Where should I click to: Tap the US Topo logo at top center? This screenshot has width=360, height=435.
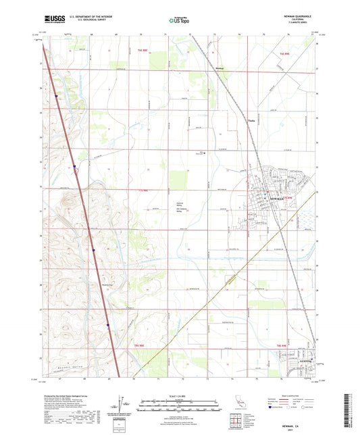click(x=178, y=20)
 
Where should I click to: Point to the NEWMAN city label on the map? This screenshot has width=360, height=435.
click(x=278, y=200)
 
